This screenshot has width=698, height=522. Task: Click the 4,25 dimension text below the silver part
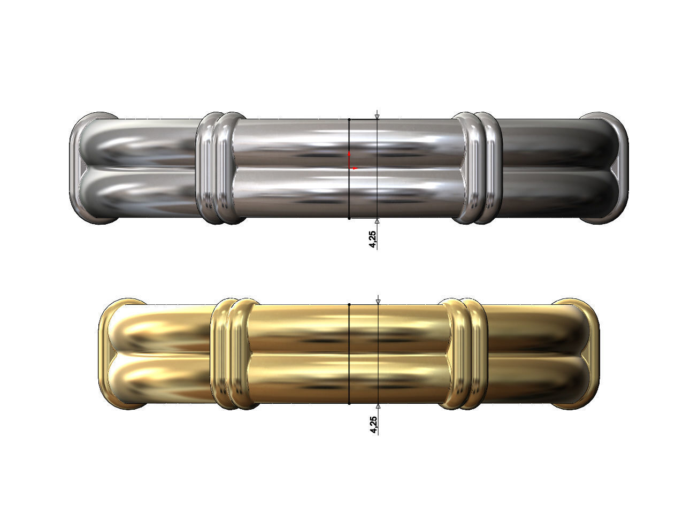tap(372, 239)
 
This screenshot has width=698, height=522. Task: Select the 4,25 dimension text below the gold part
tap(373, 425)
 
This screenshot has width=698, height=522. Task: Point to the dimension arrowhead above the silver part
tap(377, 117)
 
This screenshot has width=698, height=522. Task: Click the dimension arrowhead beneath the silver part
tap(377, 221)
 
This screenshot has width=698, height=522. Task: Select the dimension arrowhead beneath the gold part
tap(378, 406)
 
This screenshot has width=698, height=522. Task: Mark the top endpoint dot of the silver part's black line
tap(349, 119)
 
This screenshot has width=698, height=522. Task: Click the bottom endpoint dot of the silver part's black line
tap(349, 218)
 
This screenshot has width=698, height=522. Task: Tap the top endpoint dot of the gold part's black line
tap(349, 304)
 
